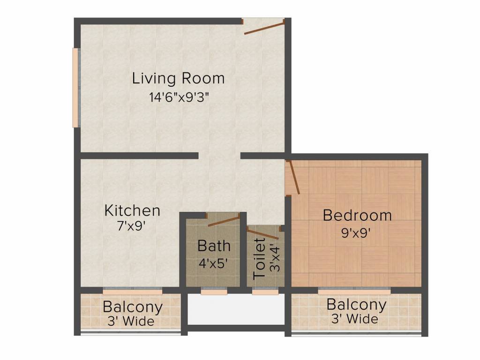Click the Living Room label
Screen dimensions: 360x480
pos(178,78)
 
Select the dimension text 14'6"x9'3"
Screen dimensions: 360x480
pos(178,97)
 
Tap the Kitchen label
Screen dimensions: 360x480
pos(132,210)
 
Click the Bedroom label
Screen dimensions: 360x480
pos(357,216)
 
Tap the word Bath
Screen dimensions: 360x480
pos(214,246)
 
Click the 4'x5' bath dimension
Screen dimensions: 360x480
pos(214,263)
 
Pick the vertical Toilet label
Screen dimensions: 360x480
pos(259,259)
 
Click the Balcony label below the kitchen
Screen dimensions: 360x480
pos(133,307)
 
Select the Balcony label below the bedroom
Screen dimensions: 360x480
pos(356,305)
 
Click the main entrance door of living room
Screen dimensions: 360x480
pos(264,27)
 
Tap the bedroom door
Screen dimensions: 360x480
pos(293,178)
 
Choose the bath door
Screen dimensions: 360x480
pos(224,221)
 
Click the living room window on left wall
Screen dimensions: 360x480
pos(75,88)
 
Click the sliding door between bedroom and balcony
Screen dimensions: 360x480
pos(354,291)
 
